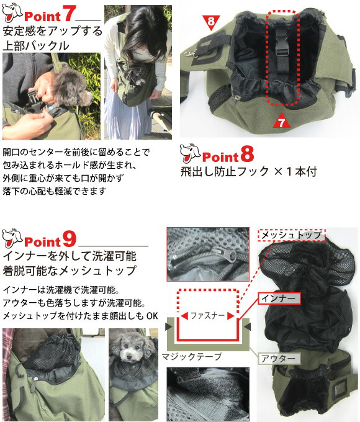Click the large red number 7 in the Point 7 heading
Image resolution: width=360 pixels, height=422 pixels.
[x=68, y=14]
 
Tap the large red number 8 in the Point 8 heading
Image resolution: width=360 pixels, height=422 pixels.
[x=247, y=154]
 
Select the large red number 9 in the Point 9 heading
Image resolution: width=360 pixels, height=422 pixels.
[x=70, y=239]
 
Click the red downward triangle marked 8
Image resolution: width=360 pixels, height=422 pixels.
[x=212, y=22]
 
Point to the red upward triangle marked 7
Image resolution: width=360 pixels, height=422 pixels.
[x=281, y=121]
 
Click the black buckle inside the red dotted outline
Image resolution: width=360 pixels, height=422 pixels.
[x=281, y=50]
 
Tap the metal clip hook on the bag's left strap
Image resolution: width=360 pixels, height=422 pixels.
[x=190, y=53]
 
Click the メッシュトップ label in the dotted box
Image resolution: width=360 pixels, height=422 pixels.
[x=292, y=235]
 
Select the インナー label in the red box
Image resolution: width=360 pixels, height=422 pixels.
[x=279, y=299]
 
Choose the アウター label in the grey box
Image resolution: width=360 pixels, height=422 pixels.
[x=278, y=359]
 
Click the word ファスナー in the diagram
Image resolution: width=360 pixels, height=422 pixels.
[x=207, y=315]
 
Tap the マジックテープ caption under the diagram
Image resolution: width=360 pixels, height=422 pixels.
[x=192, y=357]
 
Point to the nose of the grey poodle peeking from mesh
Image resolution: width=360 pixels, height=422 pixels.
[x=129, y=356]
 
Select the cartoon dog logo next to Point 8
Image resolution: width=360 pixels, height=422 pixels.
[x=191, y=153]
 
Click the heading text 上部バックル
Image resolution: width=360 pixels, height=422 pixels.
[x=36, y=45]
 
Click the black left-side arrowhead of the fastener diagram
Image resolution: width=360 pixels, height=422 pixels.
[x=169, y=326]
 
